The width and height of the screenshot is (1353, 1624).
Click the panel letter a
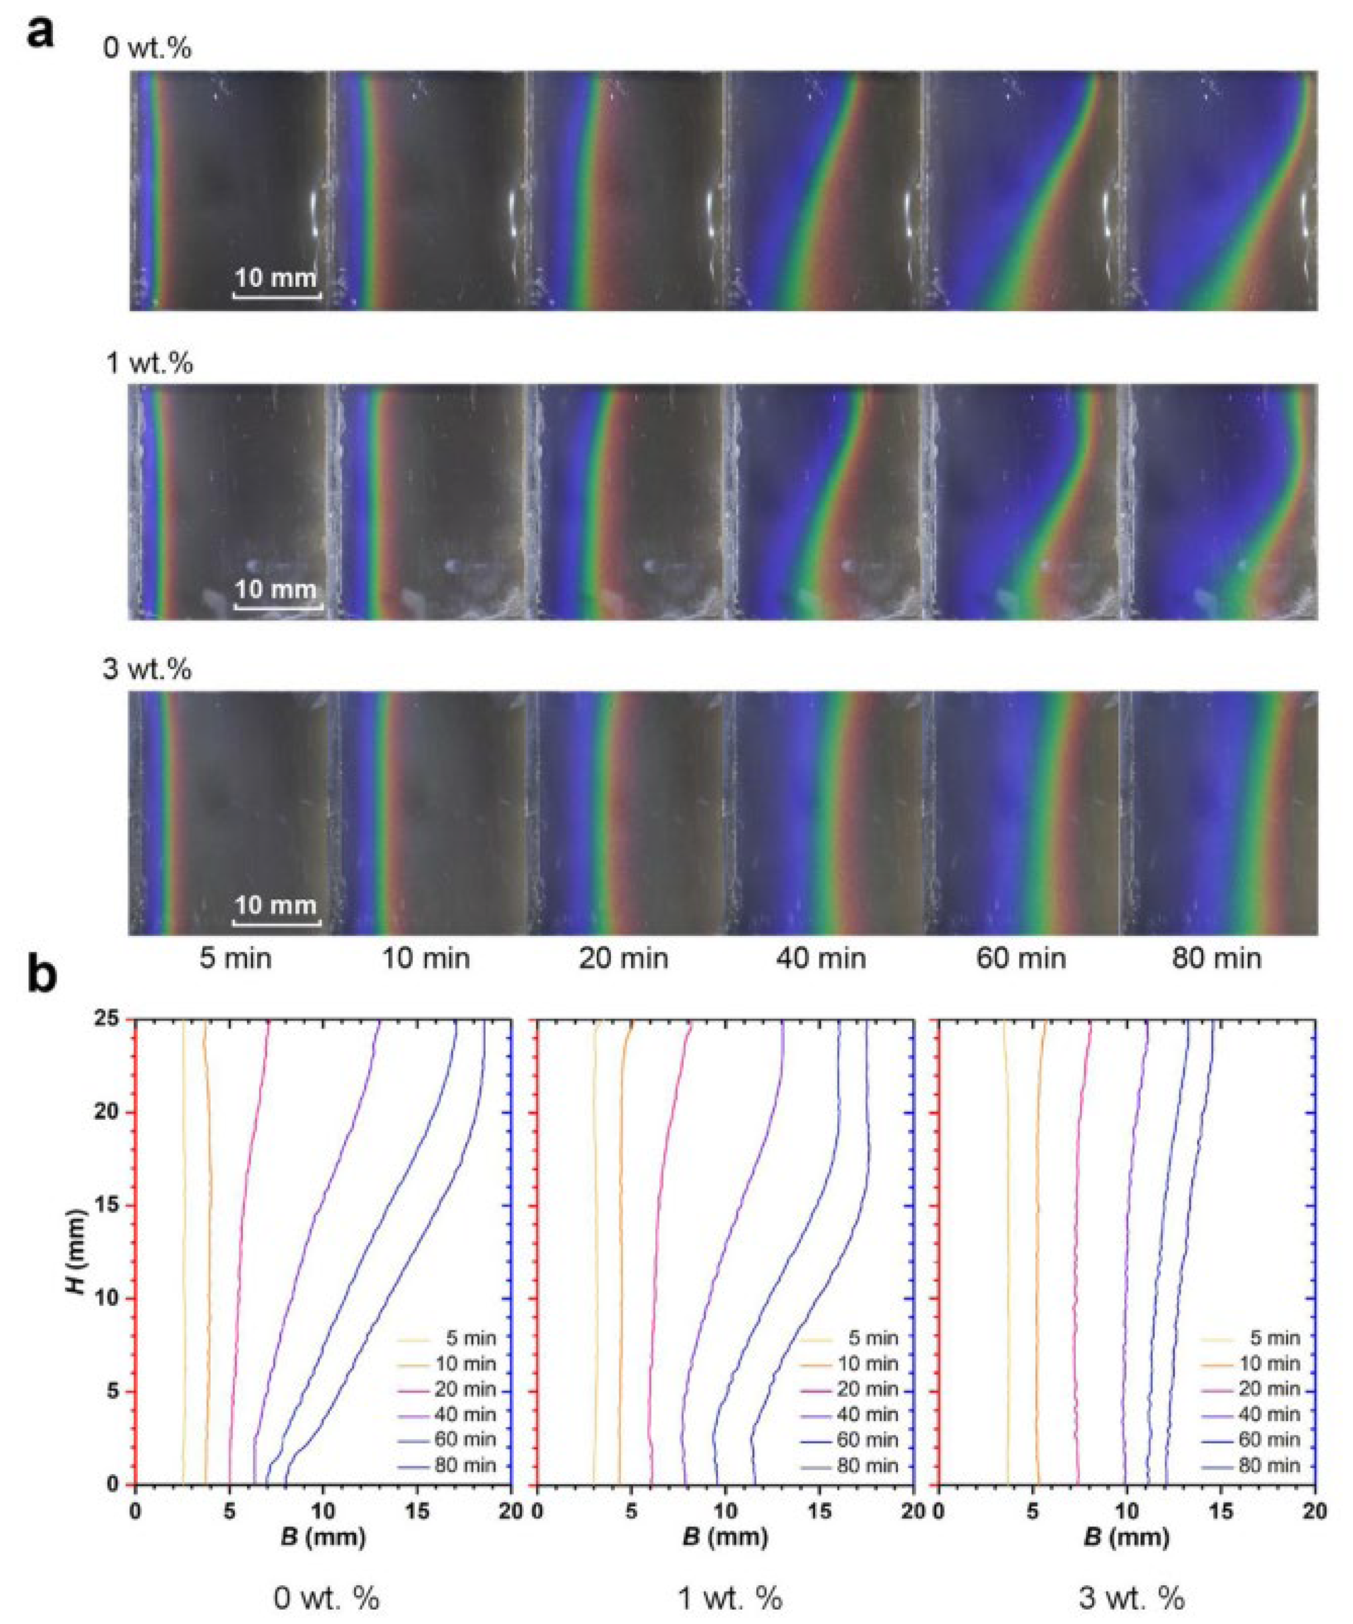coord(40,32)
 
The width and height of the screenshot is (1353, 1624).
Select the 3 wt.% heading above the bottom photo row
coord(147,669)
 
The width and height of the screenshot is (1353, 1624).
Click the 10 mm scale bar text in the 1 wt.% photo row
coord(276,590)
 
